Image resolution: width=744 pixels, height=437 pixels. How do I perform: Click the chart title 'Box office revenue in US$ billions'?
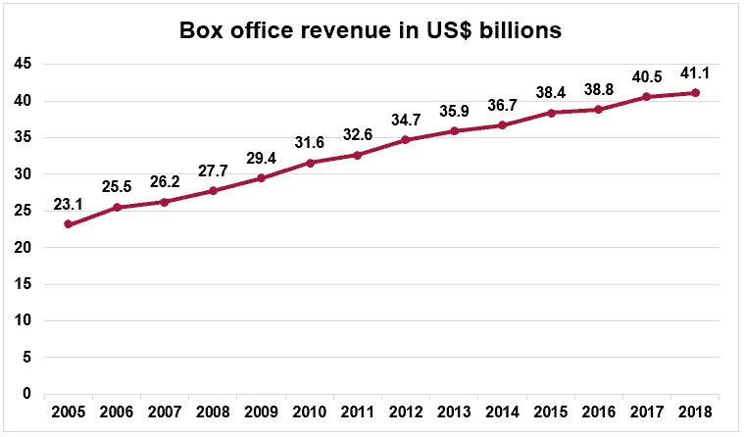point(371,30)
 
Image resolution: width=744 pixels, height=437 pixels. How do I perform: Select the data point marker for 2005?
point(68,224)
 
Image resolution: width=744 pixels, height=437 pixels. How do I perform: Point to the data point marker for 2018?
point(695,93)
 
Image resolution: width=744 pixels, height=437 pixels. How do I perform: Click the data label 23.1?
point(68,203)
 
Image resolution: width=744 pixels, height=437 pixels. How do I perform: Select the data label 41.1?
point(695,72)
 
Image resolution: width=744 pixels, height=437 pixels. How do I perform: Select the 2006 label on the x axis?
point(117,411)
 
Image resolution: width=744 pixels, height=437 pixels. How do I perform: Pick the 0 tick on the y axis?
point(27,394)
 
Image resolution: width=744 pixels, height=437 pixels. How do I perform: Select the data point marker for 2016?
point(598,110)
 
